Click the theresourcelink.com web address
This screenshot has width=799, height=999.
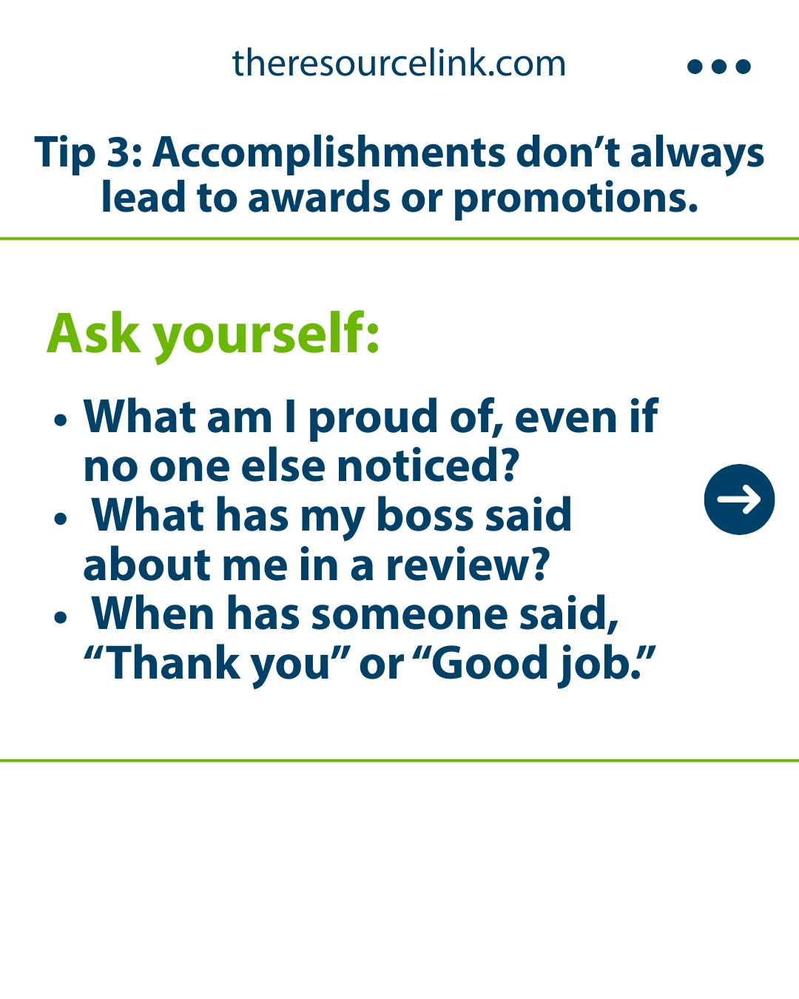tap(399, 63)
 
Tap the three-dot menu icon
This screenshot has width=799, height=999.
tap(718, 67)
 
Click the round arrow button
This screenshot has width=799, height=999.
tap(739, 499)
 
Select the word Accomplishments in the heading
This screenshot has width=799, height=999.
tap(328, 153)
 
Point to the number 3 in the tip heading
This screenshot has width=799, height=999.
tap(118, 152)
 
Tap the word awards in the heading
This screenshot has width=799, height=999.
tap(319, 198)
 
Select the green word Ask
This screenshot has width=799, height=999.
tap(93, 333)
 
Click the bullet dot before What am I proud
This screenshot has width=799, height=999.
tap(61, 420)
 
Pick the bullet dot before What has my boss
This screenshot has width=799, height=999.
tap(61, 518)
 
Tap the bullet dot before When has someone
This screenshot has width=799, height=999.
tap(61, 617)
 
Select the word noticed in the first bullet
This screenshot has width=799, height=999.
tap(428, 465)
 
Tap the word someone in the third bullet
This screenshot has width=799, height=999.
tap(409, 615)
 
